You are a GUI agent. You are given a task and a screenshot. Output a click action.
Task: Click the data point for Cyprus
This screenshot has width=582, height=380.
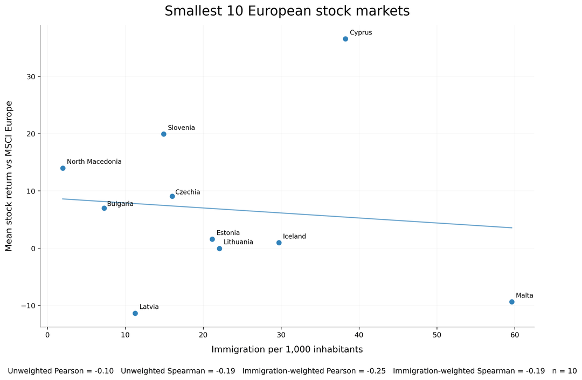coord(345,39)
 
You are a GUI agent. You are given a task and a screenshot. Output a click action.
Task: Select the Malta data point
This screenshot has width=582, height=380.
coord(511,302)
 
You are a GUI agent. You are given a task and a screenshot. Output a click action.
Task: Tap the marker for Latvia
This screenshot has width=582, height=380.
coord(135,313)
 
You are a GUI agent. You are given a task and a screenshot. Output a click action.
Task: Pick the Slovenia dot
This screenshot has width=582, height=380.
coord(164,134)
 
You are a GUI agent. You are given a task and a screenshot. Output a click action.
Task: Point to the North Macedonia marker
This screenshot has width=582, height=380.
coord(63,168)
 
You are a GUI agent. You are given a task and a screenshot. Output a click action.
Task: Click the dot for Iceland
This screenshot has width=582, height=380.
coord(279,243)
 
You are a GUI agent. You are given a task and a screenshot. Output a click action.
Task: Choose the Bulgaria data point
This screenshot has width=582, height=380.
coord(104,208)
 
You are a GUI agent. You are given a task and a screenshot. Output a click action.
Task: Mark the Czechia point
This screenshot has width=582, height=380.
coord(172,196)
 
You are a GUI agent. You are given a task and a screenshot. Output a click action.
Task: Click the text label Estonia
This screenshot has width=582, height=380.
coord(228,233)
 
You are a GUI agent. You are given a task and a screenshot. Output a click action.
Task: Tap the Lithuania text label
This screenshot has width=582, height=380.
coord(238,242)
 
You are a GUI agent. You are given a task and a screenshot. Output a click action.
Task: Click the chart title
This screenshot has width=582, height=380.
coord(287,11)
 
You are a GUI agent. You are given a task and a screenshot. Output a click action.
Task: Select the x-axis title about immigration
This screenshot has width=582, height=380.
coord(287,349)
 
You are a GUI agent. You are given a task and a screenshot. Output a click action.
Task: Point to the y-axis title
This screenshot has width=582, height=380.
coord(9,176)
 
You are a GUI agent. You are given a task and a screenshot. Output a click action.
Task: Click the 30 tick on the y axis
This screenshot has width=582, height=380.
coord(30,77)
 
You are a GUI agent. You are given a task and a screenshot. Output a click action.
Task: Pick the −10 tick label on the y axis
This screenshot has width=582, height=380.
coord(28,306)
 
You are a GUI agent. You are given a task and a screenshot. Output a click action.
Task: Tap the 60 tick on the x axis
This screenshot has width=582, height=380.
coord(515,335)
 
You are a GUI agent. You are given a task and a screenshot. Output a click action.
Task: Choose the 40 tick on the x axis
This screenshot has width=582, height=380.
coord(359,335)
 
